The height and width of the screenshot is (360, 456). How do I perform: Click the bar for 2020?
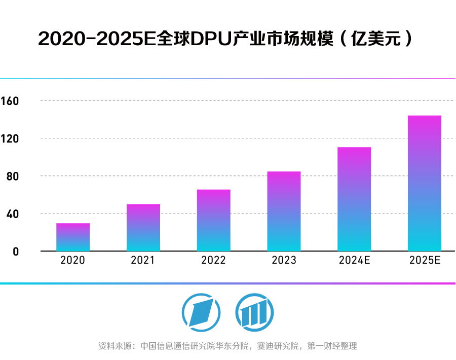pos(73,237)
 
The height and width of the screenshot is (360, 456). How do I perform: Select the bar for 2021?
pos(143,228)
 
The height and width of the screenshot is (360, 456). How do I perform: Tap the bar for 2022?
pos(214,221)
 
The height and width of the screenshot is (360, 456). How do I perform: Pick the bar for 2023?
pos(284,211)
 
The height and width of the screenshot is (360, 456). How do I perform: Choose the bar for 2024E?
pos(354,199)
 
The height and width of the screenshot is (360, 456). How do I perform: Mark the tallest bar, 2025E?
pos(425,184)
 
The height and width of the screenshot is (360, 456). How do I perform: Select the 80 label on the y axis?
pos(12,176)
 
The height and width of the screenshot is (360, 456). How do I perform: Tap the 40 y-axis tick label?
pos(12,213)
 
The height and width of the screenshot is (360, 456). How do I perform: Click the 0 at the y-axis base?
pos(15,251)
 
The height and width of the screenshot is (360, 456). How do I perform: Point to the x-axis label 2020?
pos(73,261)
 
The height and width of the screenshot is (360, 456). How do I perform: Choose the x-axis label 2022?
pos(214,261)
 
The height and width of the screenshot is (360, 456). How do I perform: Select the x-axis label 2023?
pos(284,261)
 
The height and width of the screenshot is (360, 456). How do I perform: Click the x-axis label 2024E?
pos(354,261)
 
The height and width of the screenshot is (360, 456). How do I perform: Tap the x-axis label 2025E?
pos(425,261)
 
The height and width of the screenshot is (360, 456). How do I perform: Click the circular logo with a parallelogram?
pos(201,310)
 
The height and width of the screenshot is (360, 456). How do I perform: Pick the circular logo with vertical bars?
pos(254,310)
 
